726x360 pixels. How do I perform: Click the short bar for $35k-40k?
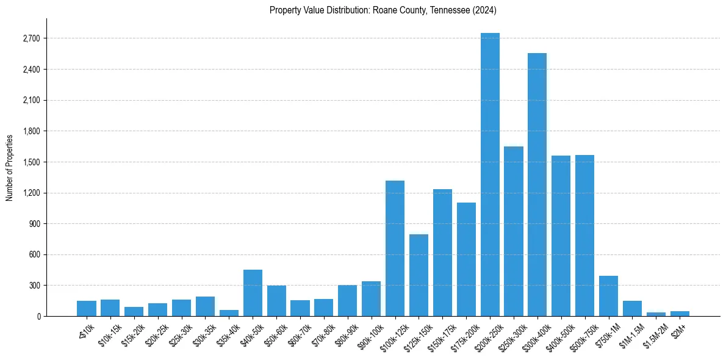[x=229, y=313]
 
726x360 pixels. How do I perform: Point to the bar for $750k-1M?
[x=608, y=296]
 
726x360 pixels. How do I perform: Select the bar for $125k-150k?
[x=419, y=275]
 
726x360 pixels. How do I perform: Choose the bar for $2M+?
[x=680, y=314]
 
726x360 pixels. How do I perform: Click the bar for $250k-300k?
[x=514, y=231]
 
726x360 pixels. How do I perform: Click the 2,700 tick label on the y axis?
[x=31, y=38]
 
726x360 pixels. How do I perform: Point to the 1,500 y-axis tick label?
[x=31, y=162]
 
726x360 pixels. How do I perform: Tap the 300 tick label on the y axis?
[x=34, y=286]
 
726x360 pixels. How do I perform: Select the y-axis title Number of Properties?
[x=10, y=167]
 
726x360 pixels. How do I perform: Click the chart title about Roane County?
[x=383, y=10]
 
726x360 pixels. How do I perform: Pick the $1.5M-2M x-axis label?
[x=654, y=334]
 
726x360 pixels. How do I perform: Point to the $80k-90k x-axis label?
[x=346, y=334]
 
